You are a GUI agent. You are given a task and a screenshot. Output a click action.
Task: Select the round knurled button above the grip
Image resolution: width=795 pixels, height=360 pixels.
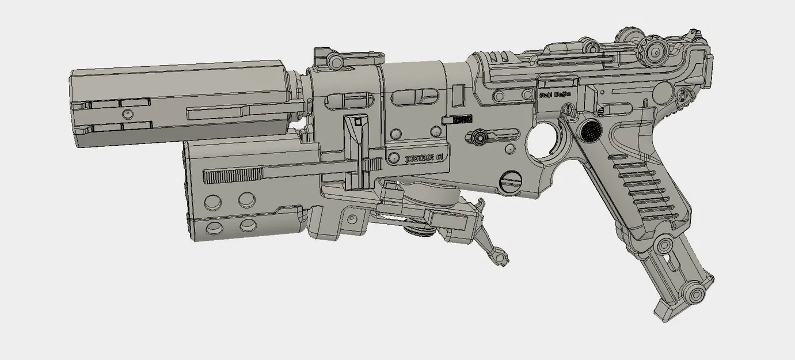pyautogui.click(x=590, y=132)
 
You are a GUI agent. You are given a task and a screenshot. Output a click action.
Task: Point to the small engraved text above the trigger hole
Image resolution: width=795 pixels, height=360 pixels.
pyautogui.click(x=553, y=97)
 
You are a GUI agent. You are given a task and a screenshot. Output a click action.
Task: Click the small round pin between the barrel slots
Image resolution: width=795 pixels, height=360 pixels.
pyautogui.click(x=125, y=113)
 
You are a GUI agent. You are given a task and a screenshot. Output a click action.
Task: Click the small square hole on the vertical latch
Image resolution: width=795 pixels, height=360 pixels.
pyautogui.click(x=358, y=122)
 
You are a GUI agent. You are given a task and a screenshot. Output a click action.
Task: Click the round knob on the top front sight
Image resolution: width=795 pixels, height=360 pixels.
pyautogui.click(x=333, y=60)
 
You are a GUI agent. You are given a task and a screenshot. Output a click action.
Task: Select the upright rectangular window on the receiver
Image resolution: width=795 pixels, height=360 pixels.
pyautogui.click(x=458, y=95)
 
